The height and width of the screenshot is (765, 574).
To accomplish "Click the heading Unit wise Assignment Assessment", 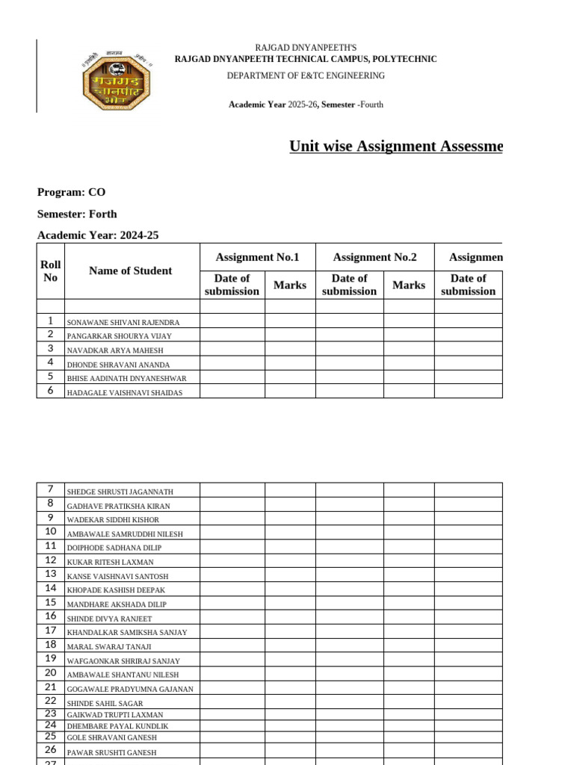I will point(395,146).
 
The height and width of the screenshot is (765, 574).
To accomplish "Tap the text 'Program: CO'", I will point(72,192).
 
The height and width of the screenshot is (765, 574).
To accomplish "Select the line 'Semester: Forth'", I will point(77,214).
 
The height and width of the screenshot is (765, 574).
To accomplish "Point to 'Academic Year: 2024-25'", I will point(98,235).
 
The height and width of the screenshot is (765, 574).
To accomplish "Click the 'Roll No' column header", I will point(51,271).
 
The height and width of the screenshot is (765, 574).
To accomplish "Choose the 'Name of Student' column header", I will point(130,271).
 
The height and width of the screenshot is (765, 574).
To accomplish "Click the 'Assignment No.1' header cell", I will point(257,257).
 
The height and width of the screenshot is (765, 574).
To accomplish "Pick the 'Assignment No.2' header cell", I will point(374,257).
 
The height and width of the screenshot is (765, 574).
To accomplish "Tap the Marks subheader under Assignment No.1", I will point(290,285).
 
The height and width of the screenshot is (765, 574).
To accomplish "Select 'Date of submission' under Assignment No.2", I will point(349,285).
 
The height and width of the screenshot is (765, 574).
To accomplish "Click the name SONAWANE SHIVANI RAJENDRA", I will point(123,322).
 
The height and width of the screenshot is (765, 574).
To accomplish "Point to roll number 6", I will point(50,391).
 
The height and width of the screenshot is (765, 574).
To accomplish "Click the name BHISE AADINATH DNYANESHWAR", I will point(126,379).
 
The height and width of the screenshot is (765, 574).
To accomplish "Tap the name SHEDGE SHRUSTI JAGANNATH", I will point(120,492).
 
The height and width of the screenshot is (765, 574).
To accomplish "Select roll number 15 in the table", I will point(50,602).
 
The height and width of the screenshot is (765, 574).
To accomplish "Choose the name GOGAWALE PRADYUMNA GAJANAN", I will point(130,689).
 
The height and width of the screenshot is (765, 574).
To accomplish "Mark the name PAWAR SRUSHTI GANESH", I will point(112,752).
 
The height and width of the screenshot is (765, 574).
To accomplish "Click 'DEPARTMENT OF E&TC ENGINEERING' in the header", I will point(306,75).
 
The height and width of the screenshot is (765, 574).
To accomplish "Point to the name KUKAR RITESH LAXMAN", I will point(111,562).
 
